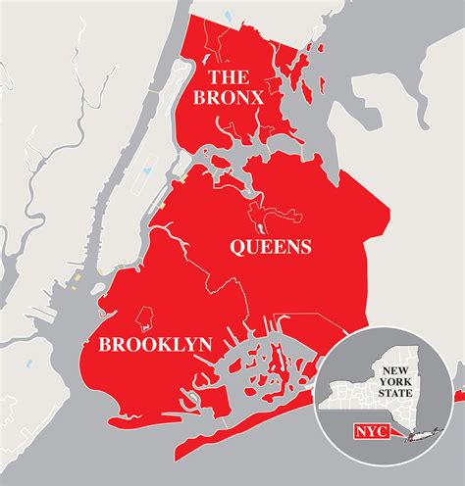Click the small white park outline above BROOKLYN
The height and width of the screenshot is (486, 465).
pyautogui.click(x=143, y=316)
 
